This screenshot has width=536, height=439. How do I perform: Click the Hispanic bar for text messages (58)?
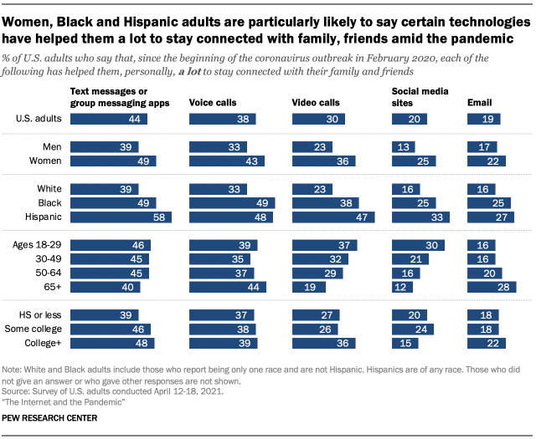click(x=121, y=217)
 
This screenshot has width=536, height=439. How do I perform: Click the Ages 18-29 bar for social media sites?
click(x=417, y=245)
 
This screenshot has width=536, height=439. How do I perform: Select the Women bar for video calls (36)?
click(x=322, y=161)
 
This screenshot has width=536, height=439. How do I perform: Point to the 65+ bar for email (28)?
click(x=490, y=287)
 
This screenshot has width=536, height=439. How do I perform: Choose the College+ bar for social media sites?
click(x=405, y=343)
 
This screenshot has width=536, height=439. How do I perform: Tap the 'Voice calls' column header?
click(x=214, y=102)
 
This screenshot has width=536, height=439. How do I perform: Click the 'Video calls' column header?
click(x=315, y=102)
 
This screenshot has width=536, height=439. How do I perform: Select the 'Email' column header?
click(x=479, y=102)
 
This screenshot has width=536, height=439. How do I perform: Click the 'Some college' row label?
click(x=37, y=329)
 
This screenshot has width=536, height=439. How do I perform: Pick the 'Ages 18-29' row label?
click(x=39, y=245)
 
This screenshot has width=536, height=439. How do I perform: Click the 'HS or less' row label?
click(x=41, y=314)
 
